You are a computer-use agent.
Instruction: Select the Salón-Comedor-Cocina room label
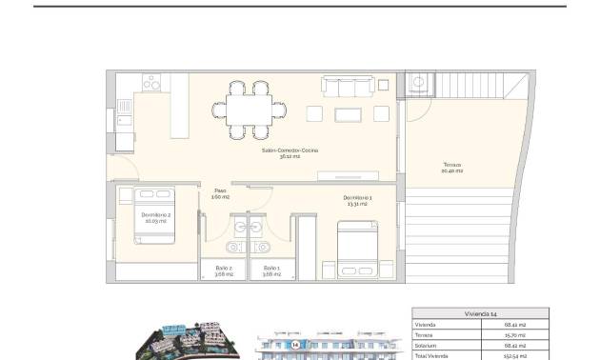[290, 152]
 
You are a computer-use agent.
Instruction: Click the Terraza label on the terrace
[452, 168]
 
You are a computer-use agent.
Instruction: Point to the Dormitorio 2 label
[155, 217]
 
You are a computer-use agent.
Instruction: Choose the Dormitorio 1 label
[358, 200]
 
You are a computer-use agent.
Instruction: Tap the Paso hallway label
[220, 192]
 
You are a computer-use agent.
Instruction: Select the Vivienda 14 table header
[480, 312]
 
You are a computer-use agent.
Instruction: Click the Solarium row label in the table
[426, 344]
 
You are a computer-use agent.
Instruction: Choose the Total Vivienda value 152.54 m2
[513, 354]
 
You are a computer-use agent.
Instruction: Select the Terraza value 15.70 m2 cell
[513, 334]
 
